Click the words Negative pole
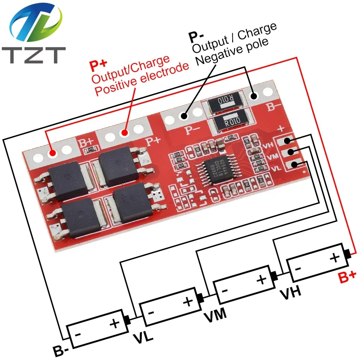(230, 48)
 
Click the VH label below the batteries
(290, 294)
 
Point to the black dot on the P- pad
(184, 117)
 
